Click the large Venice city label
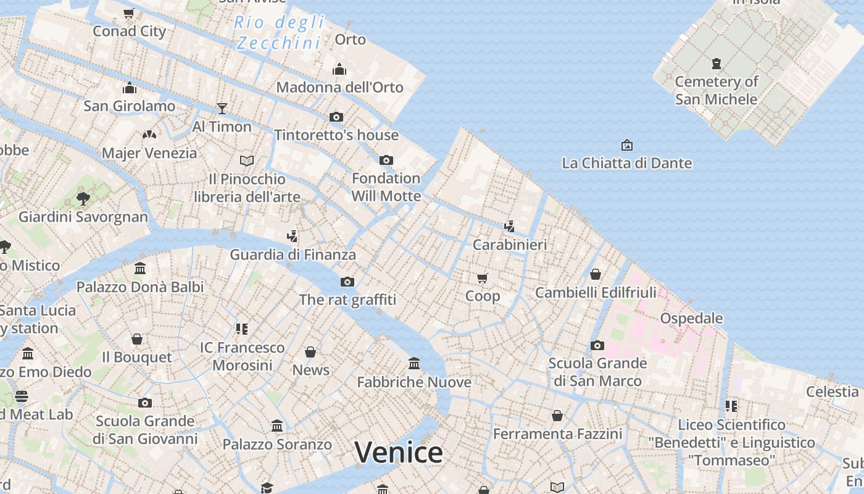click(399, 453)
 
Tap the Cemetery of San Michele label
click(716, 90)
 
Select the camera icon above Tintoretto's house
click(336, 117)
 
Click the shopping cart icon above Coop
click(483, 278)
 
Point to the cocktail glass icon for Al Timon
click(222, 109)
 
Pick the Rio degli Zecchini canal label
click(280, 33)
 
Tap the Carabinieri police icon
click(509, 227)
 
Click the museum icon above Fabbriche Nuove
click(414, 364)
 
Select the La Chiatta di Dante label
click(626, 164)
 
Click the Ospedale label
click(691, 319)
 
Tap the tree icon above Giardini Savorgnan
click(83, 198)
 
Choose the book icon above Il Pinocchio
click(247, 161)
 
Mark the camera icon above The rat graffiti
click(347, 282)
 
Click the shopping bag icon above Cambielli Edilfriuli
click(596, 274)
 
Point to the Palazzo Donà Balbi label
click(140, 287)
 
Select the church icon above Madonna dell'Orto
click(339, 69)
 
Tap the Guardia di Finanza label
click(293, 254)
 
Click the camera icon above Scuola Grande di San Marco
click(597, 345)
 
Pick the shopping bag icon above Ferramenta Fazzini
click(557, 416)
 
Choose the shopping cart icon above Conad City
click(129, 13)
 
